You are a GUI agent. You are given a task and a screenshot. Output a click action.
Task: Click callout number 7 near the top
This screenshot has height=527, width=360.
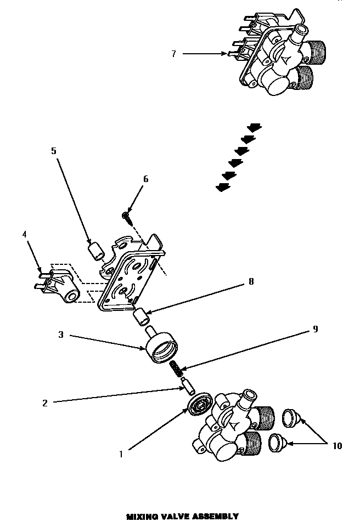pos(173,54)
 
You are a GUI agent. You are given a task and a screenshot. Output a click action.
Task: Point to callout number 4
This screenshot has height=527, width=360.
pos(24,234)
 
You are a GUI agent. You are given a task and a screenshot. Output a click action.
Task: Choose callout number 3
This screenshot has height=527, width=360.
pos(61,334)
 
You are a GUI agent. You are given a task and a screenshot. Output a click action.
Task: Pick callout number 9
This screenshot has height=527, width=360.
pos(314,329)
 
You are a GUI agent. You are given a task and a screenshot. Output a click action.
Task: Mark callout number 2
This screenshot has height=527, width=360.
pos(45,403)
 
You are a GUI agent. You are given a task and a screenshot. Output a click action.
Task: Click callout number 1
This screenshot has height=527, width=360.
pos(121,454)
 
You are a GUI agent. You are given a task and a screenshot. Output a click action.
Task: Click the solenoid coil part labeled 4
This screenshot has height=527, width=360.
pos(60,285)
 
